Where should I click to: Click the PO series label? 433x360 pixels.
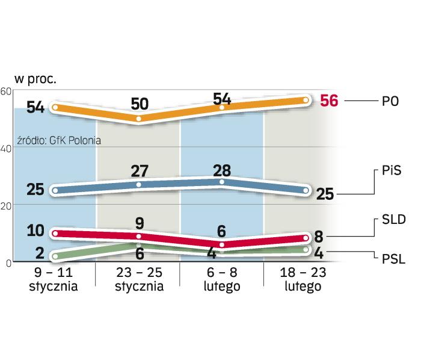(x=391, y=101)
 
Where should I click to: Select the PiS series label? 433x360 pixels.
(x=391, y=171)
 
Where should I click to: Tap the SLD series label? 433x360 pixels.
(x=393, y=219)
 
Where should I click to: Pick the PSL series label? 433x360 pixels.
(x=393, y=259)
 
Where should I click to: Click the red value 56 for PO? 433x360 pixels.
(x=330, y=101)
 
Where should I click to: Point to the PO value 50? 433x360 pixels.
(x=140, y=104)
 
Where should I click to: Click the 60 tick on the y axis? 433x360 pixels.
(x=6, y=90)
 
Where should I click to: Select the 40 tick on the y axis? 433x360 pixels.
(x=6, y=147)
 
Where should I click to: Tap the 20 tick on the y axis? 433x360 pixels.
(x=6, y=205)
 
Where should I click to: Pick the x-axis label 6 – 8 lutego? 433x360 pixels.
(x=223, y=280)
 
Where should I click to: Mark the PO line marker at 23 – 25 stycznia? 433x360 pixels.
(x=139, y=119)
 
